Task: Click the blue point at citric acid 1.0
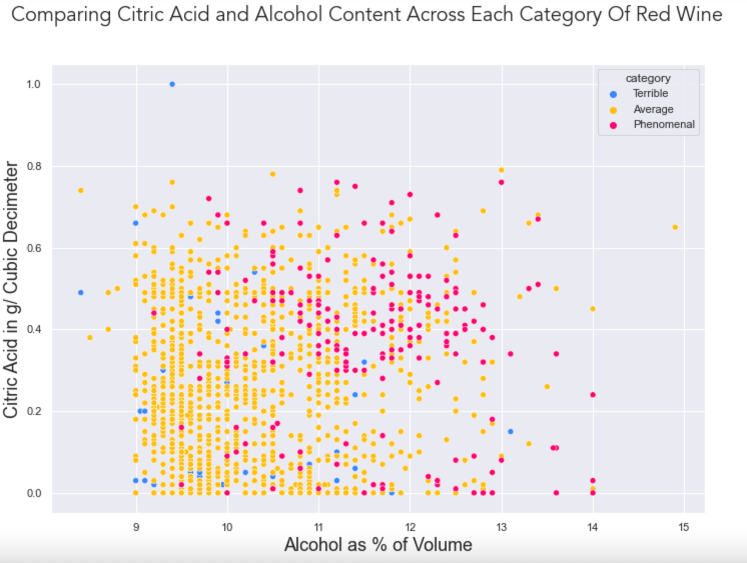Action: point(172,84)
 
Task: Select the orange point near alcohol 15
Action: point(675,227)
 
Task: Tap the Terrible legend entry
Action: point(650,93)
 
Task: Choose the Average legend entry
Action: point(653,109)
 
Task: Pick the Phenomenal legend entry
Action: point(663,124)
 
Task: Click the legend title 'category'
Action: point(648,78)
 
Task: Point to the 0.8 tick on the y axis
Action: point(34,166)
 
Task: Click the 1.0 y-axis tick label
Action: point(34,84)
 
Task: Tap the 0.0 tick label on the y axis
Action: point(34,493)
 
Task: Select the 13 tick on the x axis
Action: point(501,527)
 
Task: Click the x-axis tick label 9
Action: point(136,527)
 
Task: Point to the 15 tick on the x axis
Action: point(684,527)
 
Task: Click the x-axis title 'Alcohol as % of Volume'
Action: point(378,544)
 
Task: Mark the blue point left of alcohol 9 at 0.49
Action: point(81,292)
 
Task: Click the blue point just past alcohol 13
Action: point(510,431)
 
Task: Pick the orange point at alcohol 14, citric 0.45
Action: point(593,309)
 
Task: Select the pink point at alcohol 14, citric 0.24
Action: point(593,394)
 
